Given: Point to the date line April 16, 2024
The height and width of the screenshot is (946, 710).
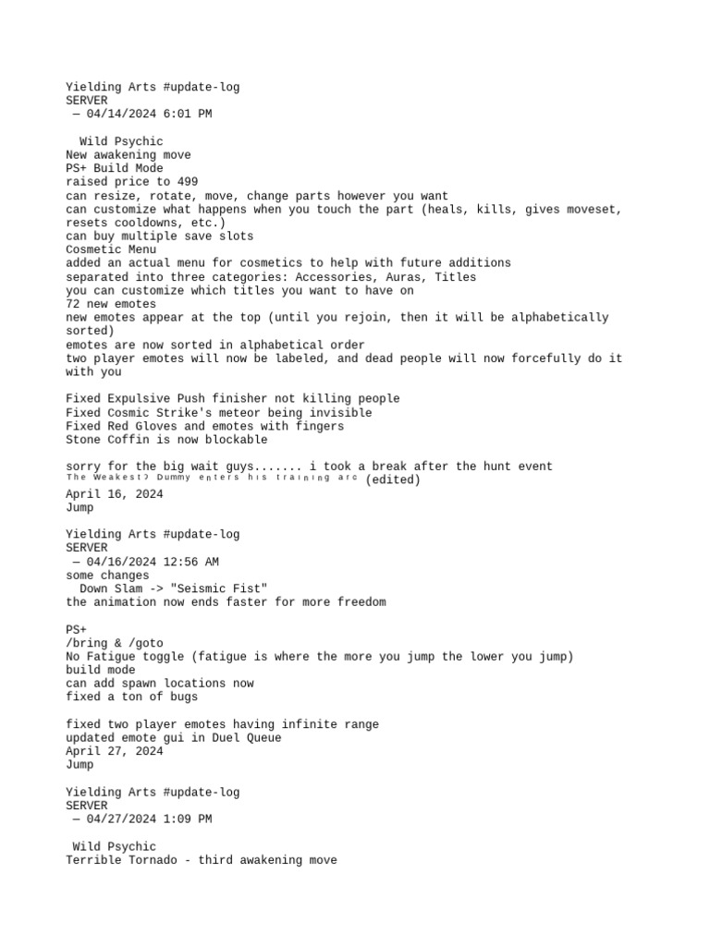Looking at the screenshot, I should coord(115,494).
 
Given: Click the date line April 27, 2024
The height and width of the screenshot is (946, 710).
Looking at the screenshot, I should coord(115,752).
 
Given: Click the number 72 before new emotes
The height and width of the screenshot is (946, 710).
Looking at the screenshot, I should coord(73,304).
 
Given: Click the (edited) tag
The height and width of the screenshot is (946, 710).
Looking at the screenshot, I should coord(393,480).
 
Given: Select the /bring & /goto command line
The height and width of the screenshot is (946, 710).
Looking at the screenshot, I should coord(115,643).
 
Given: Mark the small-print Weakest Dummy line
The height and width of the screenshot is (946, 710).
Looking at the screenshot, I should coord(212,479).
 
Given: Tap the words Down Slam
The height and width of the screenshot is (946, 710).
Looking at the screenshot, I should coord(111,589).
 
